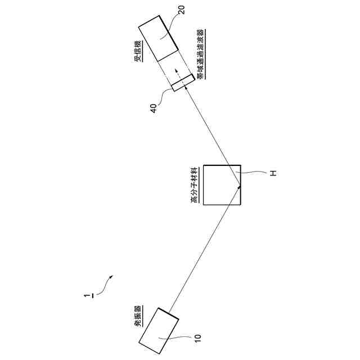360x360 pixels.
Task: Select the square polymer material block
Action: point(222,184)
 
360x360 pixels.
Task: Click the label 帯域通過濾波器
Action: point(201,55)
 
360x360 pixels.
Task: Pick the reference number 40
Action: point(154,107)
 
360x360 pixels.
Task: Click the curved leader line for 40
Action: point(164,97)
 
